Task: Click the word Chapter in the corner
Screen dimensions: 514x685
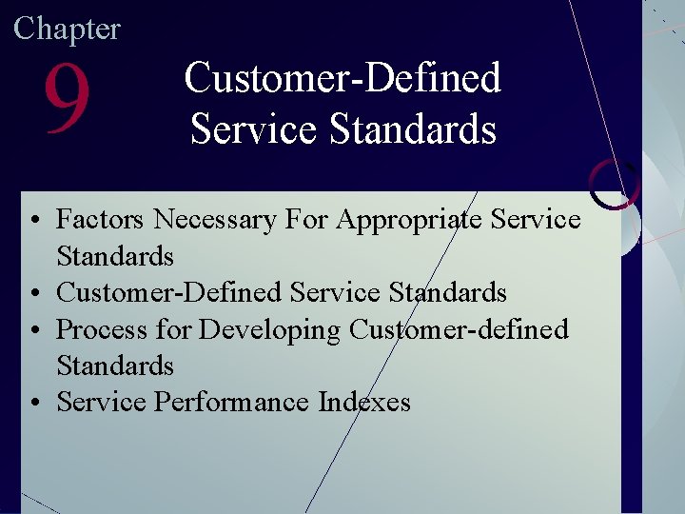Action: tap(67, 29)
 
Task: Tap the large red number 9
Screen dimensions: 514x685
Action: tap(67, 100)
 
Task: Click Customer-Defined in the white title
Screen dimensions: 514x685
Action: tap(342, 78)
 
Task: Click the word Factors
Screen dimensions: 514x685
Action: tap(100, 220)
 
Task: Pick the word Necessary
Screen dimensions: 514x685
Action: tap(214, 220)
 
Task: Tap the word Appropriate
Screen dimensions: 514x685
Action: tap(410, 221)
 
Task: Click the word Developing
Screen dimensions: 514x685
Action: tap(269, 330)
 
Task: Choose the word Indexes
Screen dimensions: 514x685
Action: tap(364, 402)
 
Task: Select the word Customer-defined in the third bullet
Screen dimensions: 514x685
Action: tap(459, 329)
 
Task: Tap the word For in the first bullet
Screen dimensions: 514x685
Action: tap(304, 220)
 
